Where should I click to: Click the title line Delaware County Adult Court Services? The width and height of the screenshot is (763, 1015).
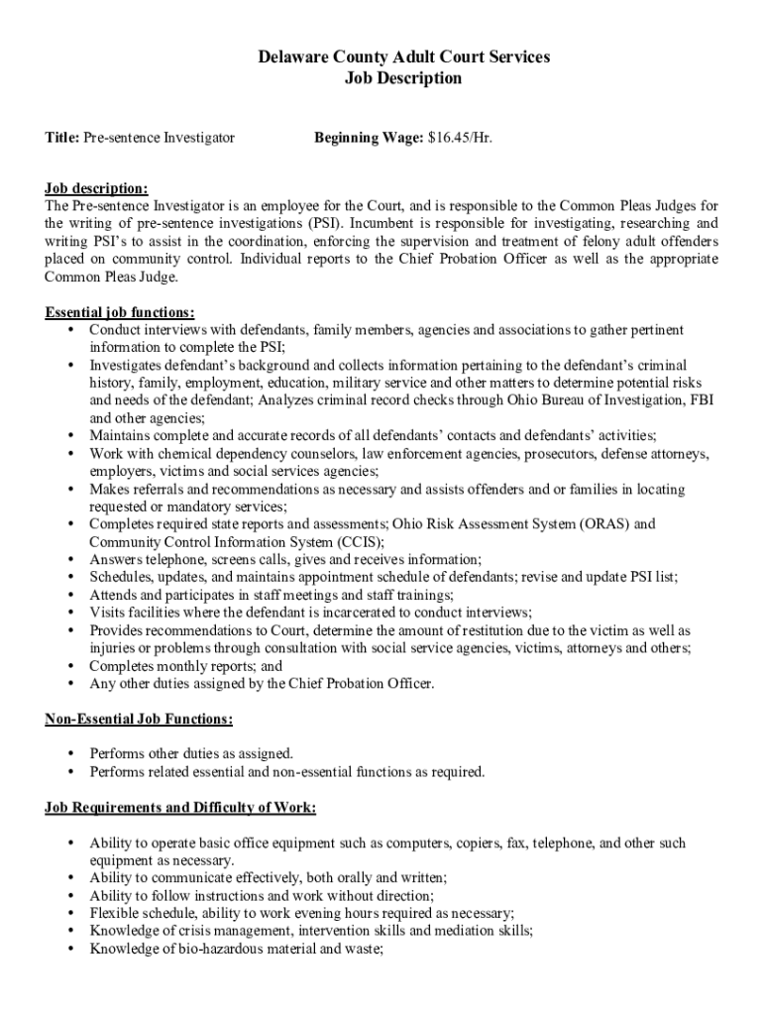point(402,57)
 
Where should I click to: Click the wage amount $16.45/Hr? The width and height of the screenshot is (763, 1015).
point(460,138)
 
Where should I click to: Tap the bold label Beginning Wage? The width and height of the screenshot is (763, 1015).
point(369,138)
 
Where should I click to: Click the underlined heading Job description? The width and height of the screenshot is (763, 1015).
point(97,188)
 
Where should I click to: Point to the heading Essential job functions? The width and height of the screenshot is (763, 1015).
point(120,313)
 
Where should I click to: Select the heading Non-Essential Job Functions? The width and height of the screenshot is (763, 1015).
point(139,719)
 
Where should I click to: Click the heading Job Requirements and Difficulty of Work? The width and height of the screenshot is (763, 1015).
point(180,808)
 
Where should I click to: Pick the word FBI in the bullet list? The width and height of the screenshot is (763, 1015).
point(702,400)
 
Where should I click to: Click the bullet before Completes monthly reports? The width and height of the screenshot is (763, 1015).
point(71,666)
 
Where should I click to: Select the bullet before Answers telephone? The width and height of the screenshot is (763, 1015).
point(71,559)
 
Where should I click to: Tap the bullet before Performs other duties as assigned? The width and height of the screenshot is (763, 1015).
point(71,753)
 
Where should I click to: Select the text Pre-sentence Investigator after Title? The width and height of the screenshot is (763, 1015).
point(159,138)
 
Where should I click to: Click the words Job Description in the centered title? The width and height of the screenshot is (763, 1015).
point(402,78)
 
